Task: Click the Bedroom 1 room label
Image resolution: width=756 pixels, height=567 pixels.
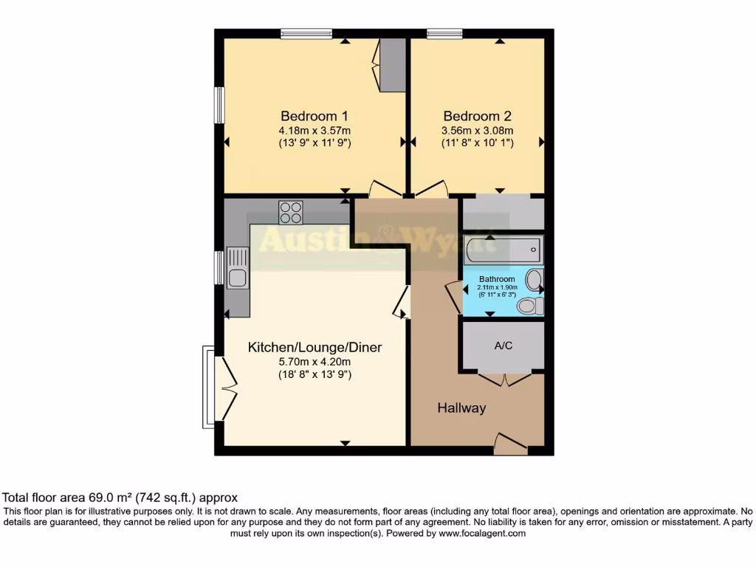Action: click(x=314, y=116)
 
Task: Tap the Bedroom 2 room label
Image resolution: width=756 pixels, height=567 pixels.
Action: click(x=477, y=116)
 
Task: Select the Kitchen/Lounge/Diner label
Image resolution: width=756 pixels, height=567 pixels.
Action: click(x=315, y=347)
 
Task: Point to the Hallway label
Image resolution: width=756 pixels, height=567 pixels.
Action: click(x=461, y=408)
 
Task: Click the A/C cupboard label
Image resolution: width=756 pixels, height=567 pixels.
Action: click(x=504, y=345)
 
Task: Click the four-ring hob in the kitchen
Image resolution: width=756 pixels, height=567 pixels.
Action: click(x=290, y=213)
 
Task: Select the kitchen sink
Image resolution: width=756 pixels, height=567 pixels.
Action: click(x=238, y=278)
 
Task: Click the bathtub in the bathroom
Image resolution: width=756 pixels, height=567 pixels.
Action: click(x=504, y=251)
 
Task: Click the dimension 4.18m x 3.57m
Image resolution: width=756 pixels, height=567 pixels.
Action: click(x=314, y=131)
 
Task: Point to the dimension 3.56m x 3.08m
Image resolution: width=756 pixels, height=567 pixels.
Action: click(x=477, y=131)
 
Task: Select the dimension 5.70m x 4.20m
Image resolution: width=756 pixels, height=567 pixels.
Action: click(x=315, y=362)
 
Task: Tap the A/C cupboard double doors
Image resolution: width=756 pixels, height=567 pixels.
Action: click(x=504, y=378)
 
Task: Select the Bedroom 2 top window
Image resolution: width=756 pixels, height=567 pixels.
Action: click(x=444, y=32)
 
